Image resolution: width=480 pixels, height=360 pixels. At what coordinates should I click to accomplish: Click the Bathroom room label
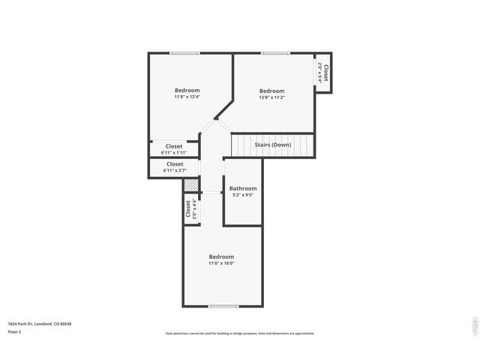[243, 188]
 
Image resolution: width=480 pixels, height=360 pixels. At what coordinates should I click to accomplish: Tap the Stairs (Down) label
[273, 144]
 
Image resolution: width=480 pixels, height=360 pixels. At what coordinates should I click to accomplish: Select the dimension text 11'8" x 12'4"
[187, 97]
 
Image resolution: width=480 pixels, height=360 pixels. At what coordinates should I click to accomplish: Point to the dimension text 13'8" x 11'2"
[271, 97]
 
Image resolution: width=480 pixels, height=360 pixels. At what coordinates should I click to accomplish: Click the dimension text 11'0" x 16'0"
[221, 263]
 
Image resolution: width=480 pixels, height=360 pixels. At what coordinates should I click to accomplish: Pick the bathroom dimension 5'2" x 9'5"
[243, 195]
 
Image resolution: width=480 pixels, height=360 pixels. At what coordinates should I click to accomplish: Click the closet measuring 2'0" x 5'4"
[323, 73]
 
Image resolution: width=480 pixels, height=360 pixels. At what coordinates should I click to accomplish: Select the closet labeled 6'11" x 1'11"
[174, 149]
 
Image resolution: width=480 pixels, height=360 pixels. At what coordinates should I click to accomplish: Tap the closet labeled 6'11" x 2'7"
[174, 166]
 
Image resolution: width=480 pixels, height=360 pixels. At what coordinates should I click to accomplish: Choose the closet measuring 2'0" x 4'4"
[190, 208]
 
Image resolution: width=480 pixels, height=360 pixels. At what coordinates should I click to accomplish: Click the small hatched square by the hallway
[191, 184]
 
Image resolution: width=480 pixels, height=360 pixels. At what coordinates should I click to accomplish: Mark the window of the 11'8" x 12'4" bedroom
[184, 52]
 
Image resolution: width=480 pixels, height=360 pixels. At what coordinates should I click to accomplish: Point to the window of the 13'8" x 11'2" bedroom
[275, 52]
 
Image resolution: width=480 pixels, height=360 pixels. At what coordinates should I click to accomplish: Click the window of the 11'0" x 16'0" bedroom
[223, 306]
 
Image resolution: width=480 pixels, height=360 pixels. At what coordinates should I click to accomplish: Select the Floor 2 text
[14, 331]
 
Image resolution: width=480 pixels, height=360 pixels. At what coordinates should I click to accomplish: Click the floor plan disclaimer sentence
[239, 334]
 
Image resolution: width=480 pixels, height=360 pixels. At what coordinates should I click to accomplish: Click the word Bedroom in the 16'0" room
[221, 256]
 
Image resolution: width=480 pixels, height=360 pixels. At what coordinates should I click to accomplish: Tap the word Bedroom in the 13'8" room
[271, 91]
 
